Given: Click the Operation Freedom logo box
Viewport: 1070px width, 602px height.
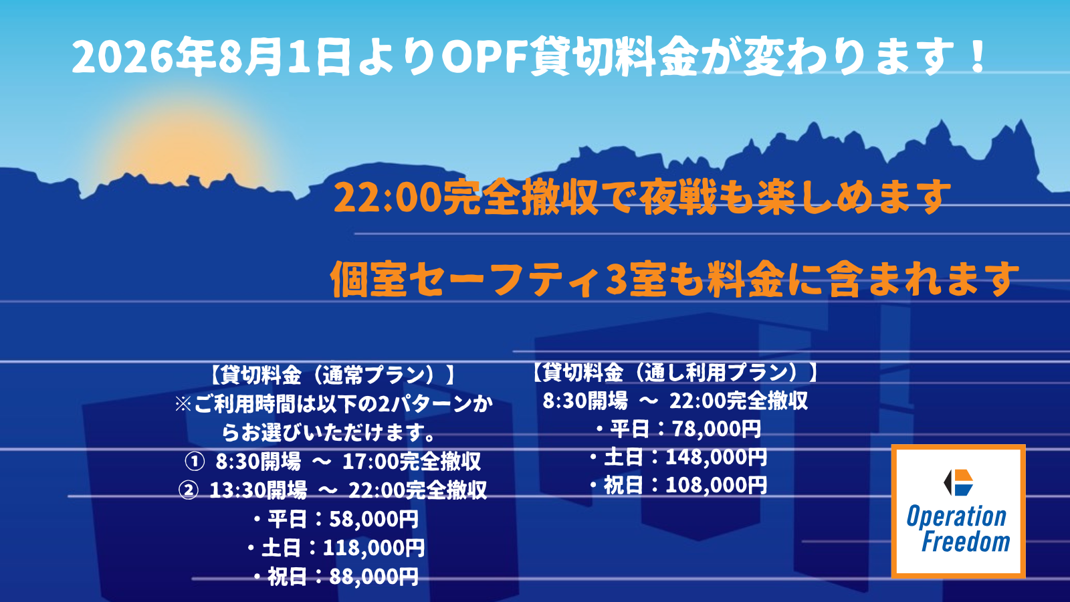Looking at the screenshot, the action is point(958,511).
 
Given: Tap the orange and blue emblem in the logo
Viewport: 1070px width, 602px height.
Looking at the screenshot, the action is point(958,482).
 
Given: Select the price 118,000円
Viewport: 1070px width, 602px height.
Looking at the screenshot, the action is point(374,548).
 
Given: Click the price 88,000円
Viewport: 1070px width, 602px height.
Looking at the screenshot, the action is point(374,577).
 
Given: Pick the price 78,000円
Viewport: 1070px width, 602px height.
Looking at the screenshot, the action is point(716,429).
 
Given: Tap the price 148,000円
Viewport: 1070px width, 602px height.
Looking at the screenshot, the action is point(716,458).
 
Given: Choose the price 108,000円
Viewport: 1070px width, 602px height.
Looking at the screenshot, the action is point(716,486).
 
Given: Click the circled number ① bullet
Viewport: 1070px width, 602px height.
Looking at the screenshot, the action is point(195,462).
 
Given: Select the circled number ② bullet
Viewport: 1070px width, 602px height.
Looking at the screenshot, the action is point(188,490).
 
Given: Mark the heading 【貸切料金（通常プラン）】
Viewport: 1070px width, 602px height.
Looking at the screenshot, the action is point(332,375).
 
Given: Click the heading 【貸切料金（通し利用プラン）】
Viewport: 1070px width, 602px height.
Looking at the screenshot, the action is point(675,373).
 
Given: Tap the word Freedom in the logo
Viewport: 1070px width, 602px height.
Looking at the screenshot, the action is point(966,541).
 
